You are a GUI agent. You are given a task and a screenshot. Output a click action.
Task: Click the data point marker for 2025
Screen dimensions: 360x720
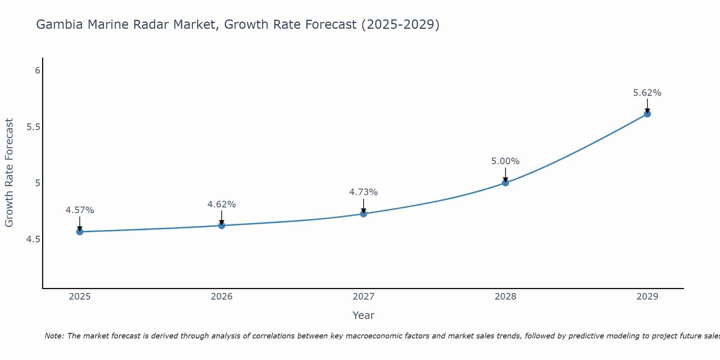click(80, 231)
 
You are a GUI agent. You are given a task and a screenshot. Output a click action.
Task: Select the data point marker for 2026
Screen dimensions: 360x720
click(221, 225)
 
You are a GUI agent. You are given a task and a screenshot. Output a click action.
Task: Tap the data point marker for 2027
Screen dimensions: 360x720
click(363, 214)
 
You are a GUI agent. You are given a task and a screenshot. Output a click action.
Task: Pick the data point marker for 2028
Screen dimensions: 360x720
click(505, 183)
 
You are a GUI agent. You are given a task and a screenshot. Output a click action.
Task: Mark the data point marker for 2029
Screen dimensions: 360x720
click(647, 114)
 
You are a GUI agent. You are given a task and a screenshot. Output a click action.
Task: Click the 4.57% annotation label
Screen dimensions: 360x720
click(80, 210)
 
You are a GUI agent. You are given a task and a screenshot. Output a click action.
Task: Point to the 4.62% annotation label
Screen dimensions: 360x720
click(221, 204)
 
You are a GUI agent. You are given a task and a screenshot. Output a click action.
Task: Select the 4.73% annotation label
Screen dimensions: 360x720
click(363, 192)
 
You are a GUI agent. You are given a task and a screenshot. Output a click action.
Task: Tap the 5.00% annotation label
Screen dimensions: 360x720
click(505, 161)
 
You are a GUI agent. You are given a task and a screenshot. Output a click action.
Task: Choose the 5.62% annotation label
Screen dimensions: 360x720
click(647, 93)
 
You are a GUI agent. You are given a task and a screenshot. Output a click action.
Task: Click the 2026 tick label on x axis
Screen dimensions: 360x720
click(221, 297)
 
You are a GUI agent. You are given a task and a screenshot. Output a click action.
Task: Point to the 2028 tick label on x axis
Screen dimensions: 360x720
click(505, 297)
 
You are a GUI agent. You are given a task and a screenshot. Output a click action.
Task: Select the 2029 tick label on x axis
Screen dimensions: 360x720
click(647, 297)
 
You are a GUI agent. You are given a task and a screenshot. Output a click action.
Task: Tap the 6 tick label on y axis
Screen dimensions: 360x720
click(37, 71)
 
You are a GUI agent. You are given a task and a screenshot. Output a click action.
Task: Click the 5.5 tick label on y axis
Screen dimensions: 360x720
click(33, 127)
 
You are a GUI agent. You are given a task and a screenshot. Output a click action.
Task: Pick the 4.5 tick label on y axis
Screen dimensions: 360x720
click(33, 239)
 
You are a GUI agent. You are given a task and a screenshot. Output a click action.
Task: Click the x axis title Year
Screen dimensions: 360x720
click(363, 315)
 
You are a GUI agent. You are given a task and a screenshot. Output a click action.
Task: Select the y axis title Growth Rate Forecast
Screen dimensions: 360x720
click(9, 172)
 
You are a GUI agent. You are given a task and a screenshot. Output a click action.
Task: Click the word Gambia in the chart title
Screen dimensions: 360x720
click(60, 24)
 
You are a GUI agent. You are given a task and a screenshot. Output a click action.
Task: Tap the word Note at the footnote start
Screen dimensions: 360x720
click(54, 336)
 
